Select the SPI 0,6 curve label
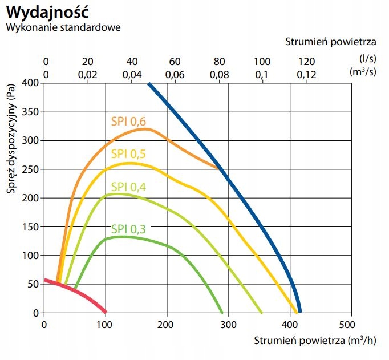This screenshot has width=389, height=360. pyautogui.click(x=128, y=121)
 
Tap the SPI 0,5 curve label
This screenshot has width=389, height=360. pyautogui.click(x=128, y=153)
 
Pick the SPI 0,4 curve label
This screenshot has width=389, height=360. pyautogui.click(x=128, y=187)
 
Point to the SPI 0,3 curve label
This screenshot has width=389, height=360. pyautogui.click(x=128, y=229)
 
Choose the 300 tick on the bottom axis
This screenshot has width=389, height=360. pyautogui.click(x=228, y=325)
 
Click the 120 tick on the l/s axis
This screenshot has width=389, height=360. pyautogui.click(x=306, y=62)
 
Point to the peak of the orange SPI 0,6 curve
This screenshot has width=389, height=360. pyautogui.click(x=145, y=129)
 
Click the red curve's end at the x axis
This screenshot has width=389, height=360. pyautogui.click(x=105, y=312)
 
